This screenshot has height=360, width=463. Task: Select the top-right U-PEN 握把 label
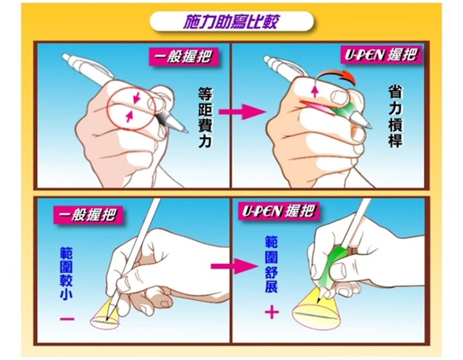(x=381, y=54)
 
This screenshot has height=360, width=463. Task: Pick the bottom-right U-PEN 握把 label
(x=279, y=212)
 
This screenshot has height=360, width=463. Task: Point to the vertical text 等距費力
(x=205, y=118)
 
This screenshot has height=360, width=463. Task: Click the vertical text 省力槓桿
(x=395, y=118)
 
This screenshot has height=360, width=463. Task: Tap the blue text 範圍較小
(x=66, y=273)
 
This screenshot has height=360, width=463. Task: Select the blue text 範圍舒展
(x=271, y=264)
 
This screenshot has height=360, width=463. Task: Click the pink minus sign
(x=67, y=318)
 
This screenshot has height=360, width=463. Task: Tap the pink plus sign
(x=272, y=312)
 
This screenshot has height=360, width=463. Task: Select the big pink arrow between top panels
(x=242, y=111)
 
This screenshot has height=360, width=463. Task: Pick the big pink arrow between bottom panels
(x=235, y=267)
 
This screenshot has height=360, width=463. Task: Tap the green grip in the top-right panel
(x=344, y=109)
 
